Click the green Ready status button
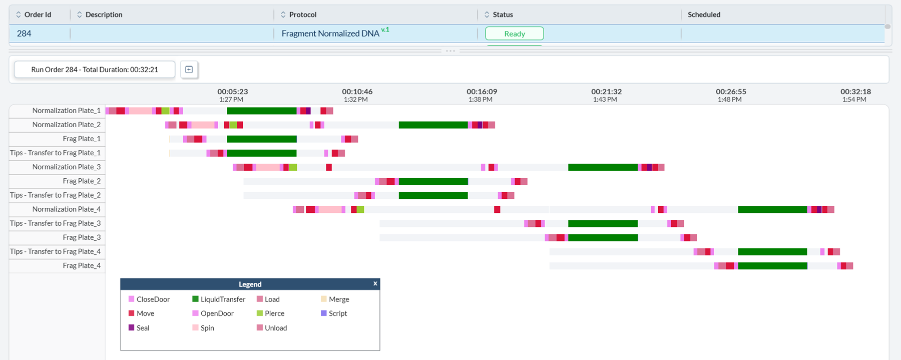pyautogui.click(x=514, y=34)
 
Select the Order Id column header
pyautogui.click(x=38, y=15)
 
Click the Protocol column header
pyautogui.click(x=302, y=15)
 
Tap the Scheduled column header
pyautogui.click(x=704, y=15)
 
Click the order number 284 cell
pyautogui.click(x=24, y=34)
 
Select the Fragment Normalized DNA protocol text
pyautogui.click(x=330, y=34)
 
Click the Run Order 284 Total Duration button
pyautogui.click(x=95, y=70)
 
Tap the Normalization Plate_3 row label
pyautogui.click(x=66, y=167)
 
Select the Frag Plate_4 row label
pyautogui.click(x=82, y=265)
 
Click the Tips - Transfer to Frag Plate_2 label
pyautogui.click(x=55, y=195)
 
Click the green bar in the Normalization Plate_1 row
pyautogui.click(x=262, y=111)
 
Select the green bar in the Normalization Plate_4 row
pyautogui.click(x=772, y=209)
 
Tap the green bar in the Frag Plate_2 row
pyautogui.click(x=433, y=181)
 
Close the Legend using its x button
pyautogui.click(x=375, y=283)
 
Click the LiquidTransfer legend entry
pyautogui.click(x=223, y=299)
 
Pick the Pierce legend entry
pyautogui.click(x=274, y=313)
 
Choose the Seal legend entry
pyautogui.click(x=143, y=328)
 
